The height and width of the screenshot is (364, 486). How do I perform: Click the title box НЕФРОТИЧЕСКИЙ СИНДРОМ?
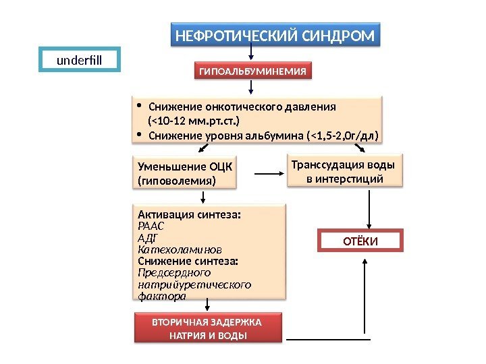pyautogui.click(x=274, y=35)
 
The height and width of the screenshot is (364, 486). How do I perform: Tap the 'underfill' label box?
pyautogui.click(x=78, y=59)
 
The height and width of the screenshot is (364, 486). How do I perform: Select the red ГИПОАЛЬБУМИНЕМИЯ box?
pyautogui.click(x=252, y=71)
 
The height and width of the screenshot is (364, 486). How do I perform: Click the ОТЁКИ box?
pyautogui.click(x=359, y=241)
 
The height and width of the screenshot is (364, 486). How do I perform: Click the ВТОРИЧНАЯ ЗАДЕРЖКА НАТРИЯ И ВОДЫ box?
pyautogui.click(x=207, y=328)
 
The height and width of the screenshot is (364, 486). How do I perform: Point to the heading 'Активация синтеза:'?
pyautogui.click(x=189, y=215)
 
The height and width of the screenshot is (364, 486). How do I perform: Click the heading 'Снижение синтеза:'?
pyautogui.click(x=188, y=261)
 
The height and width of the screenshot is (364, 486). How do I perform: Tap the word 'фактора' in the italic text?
pyautogui.click(x=161, y=296)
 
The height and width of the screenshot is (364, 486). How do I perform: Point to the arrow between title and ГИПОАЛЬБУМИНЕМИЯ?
pyautogui.click(x=252, y=54)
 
